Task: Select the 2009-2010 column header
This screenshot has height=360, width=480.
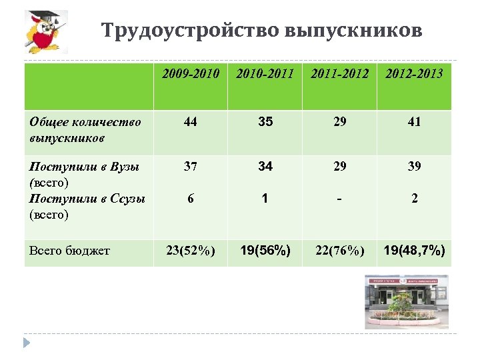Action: tap(191, 73)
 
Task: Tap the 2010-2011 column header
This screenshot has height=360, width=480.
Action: tap(265, 73)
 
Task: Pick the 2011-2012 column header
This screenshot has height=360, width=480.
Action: tap(339, 73)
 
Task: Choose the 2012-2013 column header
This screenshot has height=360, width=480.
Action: tap(414, 73)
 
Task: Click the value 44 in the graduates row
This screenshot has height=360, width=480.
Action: tap(191, 122)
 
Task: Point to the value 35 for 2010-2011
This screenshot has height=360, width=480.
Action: tap(265, 122)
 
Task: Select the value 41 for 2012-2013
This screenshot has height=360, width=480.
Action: tap(414, 122)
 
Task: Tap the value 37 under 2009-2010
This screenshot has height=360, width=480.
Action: tap(191, 167)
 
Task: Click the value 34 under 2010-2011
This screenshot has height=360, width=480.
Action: tap(265, 167)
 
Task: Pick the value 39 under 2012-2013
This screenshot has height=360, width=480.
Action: tap(414, 167)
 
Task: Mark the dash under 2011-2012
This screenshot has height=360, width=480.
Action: tap(339, 197)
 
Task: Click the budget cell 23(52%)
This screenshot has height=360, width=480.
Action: tap(191, 251)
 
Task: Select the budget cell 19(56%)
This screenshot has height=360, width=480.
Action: tap(265, 251)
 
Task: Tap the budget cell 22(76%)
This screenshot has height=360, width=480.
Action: tap(339, 251)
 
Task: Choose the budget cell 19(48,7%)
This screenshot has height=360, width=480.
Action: tap(414, 251)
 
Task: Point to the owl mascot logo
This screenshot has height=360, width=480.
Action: tap(45, 33)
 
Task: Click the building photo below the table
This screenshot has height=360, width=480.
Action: tap(406, 301)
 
